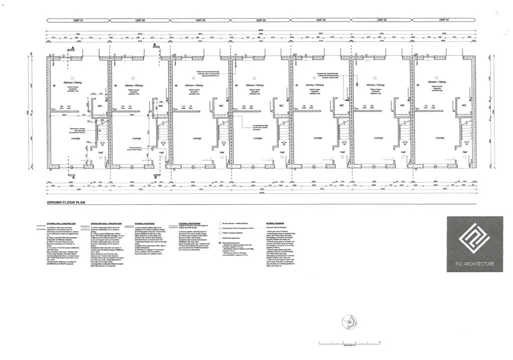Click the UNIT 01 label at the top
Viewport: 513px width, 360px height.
(x=78, y=20)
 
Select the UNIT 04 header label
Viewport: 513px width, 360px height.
(x=261, y=20)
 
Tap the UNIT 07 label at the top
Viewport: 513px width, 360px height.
(x=443, y=20)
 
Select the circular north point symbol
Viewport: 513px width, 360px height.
(x=346, y=321)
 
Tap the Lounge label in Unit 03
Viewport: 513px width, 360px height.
(x=197, y=138)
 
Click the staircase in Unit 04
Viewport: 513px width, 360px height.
(x=220, y=134)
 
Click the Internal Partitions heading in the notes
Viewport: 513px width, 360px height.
(x=147, y=223)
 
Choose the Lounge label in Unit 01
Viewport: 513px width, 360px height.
(x=76, y=138)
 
